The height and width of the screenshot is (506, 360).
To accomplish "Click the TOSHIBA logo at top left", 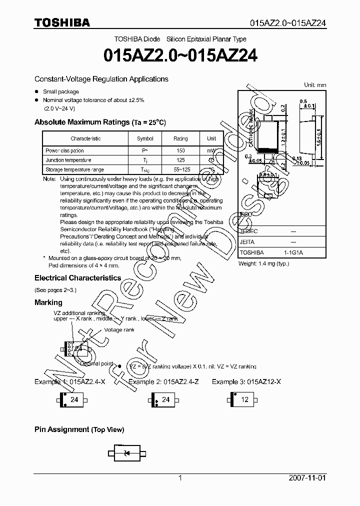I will pos(62,22).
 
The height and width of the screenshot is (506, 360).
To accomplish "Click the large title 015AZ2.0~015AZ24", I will pos(180,56).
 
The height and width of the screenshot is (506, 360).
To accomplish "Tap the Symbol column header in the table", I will pos(145,138).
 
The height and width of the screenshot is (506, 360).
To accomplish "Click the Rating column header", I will pos(180,138).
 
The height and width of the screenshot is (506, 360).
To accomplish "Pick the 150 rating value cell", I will pos(180,150).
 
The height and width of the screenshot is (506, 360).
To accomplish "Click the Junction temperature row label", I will pos(68,160).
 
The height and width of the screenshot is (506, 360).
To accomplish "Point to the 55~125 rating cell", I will pos(180,170).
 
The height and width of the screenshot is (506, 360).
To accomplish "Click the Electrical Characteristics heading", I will pos(77,278).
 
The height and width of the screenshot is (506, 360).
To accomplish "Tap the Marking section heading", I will pos(48,302).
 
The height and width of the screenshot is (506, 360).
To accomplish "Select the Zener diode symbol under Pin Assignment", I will pos(126,453).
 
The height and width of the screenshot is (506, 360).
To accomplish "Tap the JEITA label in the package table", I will pos(247,241).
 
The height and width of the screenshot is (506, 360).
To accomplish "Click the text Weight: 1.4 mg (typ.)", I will pos(263,263).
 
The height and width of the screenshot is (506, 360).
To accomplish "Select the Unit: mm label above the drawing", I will pos(315,85).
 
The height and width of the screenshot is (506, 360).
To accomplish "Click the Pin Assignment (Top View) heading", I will pos(79,429).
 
